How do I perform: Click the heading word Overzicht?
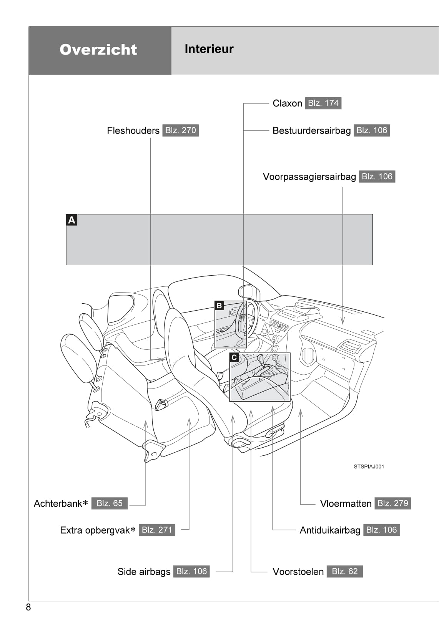(x=98, y=50)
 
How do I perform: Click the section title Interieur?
(x=209, y=49)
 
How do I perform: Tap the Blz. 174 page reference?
(x=323, y=103)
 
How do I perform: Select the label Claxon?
(x=287, y=103)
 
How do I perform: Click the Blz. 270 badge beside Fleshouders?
(x=180, y=130)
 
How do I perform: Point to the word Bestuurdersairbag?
(x=311, y=131)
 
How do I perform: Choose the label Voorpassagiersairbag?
(x=309, y=177)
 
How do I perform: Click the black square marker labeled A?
(x=72, y=220)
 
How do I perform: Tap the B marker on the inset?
(x=219, y=306)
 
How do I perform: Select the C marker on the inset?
(x=234, y=357)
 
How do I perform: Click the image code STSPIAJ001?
(x=369, y=466)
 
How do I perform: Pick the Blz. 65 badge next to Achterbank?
(x=109, y=503)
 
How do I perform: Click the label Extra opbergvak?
(x=95, y=530)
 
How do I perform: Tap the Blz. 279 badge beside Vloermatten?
(x=392, y=503)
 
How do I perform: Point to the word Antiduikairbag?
(x=330, y=530)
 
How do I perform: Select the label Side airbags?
(x=144, y=572)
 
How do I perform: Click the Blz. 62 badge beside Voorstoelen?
(x=344, y=571)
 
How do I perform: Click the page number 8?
(x=28, y=607)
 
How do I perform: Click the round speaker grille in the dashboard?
(x=308, y=356)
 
